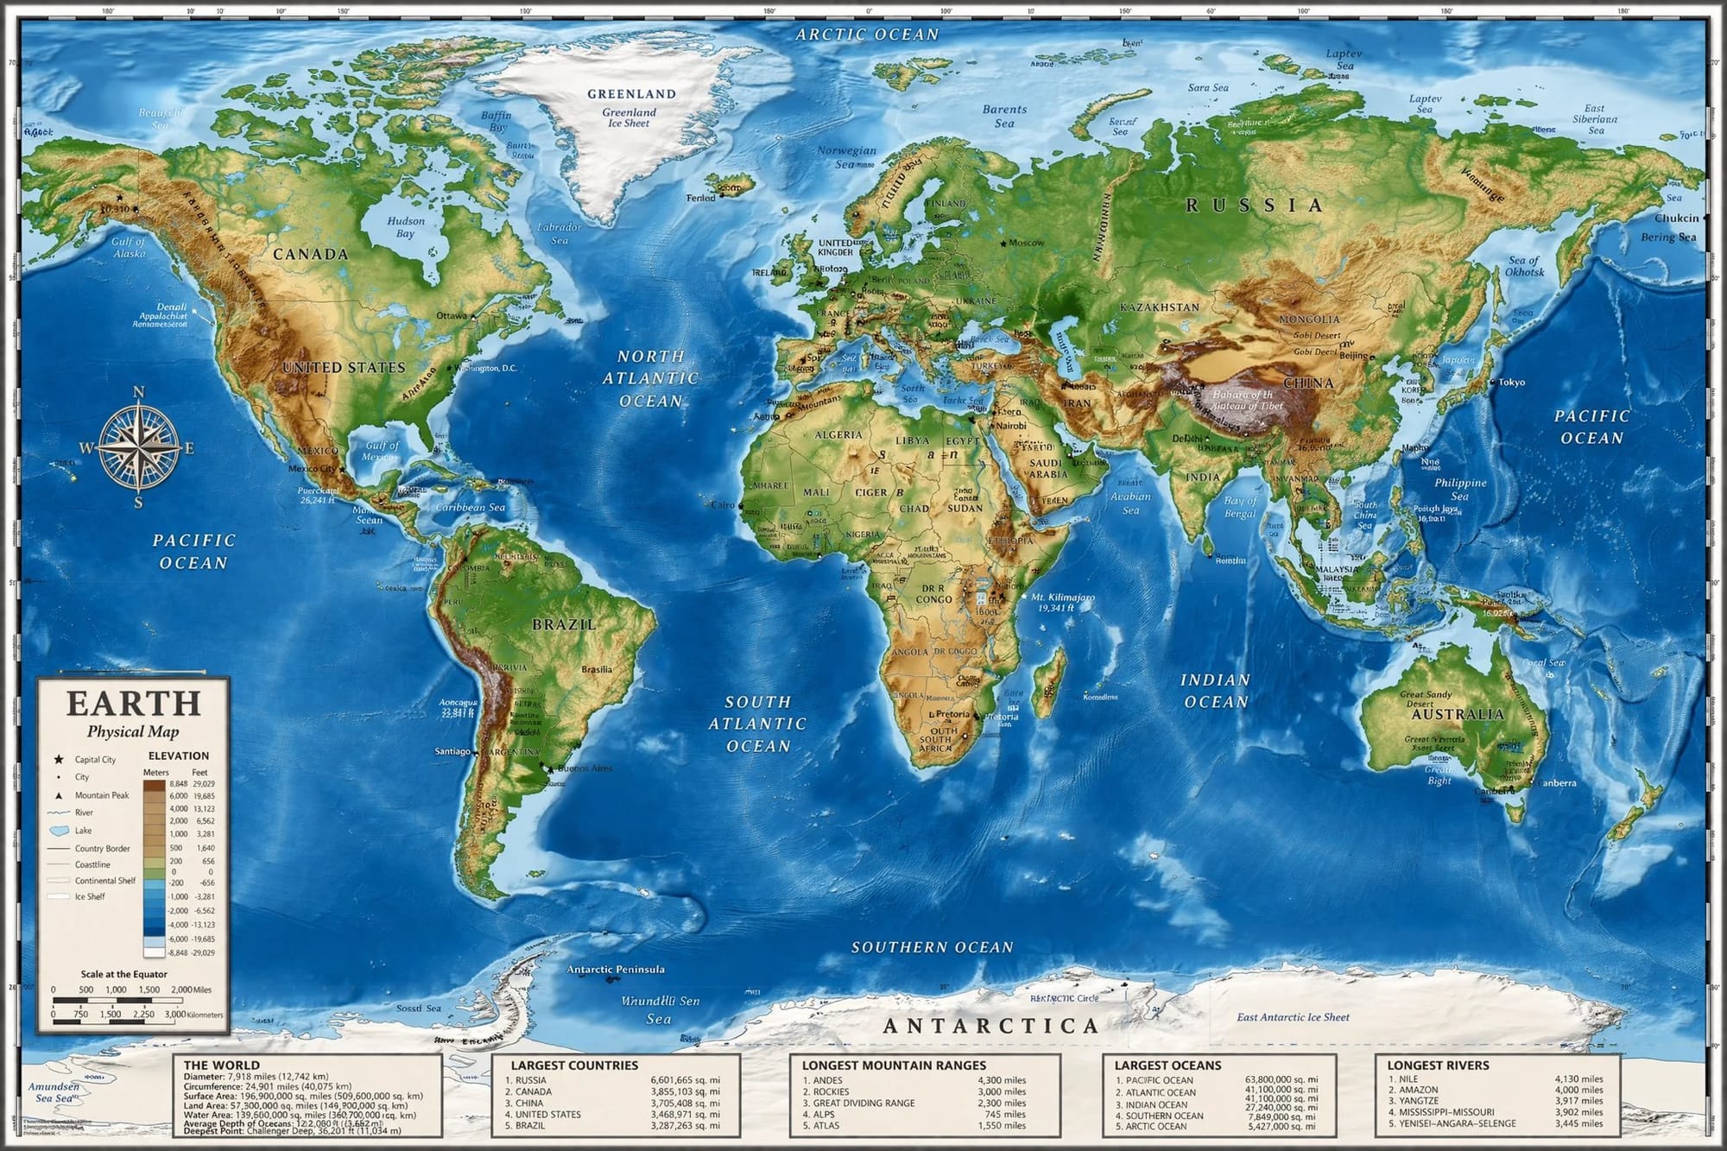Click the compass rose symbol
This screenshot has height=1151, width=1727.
tap(138, 447)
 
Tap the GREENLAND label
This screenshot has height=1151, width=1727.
tap(631, 93)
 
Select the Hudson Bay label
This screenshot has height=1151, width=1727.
tap(405, 227)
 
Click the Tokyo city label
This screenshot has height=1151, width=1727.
tap(1511, 382)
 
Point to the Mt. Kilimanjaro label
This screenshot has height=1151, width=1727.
tap(1063, 597)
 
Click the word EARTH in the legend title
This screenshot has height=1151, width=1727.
tap(134, 704)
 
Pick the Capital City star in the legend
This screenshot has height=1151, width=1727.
tap(59, 759)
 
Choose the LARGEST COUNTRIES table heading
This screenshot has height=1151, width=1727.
tap(574, 1066)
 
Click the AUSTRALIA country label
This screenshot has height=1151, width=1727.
tap(1457, 714)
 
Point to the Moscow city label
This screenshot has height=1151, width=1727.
tap(1026, 243)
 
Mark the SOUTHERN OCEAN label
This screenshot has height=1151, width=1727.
tap(932, 947)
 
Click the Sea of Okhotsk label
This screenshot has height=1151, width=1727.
tap(1525, 266)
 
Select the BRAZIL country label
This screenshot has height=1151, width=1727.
tap(563, 624)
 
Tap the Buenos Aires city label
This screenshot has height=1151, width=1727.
tap(585, 768)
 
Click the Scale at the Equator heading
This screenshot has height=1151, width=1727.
tap(124, 974)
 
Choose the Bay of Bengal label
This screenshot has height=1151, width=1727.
tap(1240, 507)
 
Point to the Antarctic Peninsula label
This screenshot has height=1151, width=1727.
tap(615, 969)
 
